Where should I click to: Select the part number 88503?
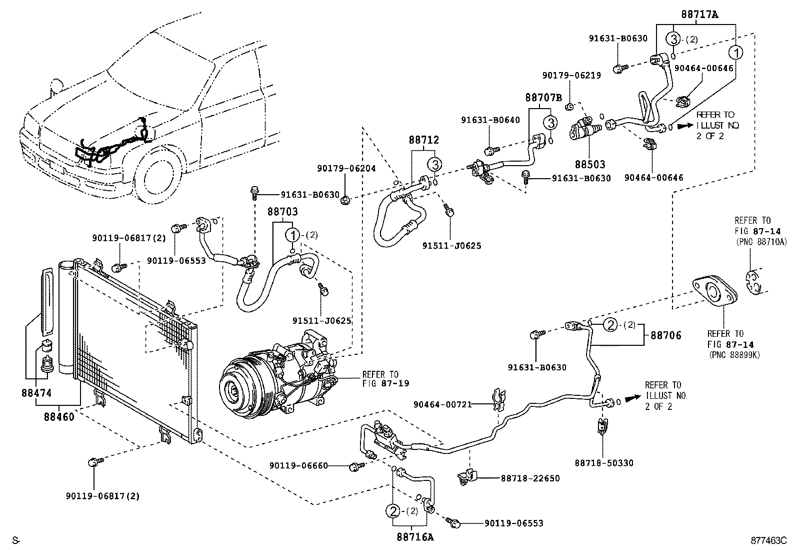589,165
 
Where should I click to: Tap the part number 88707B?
543,98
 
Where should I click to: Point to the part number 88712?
423,141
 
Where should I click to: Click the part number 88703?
282,212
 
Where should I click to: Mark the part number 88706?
665,336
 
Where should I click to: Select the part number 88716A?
415,537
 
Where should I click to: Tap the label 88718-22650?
530,478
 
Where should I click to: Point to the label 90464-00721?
443,404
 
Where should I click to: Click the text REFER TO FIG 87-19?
385,379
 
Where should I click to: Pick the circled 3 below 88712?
435,164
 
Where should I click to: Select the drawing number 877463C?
768,540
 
